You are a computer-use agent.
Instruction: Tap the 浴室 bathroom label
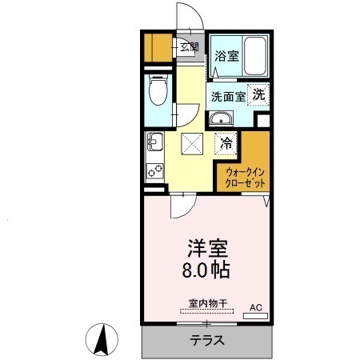click(227, 56)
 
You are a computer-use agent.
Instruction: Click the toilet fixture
click(158, 92)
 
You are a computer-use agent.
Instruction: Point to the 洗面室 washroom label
click(228, 96)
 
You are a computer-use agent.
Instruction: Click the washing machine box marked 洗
click(259, 94)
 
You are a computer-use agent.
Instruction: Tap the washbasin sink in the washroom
click(222, 120)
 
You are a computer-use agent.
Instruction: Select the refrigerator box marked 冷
click(227, 145)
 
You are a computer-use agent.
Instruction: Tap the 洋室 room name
click(204, 246)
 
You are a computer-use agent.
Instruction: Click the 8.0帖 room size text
click(203, 270)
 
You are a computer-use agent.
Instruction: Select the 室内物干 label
click(208, 303)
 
